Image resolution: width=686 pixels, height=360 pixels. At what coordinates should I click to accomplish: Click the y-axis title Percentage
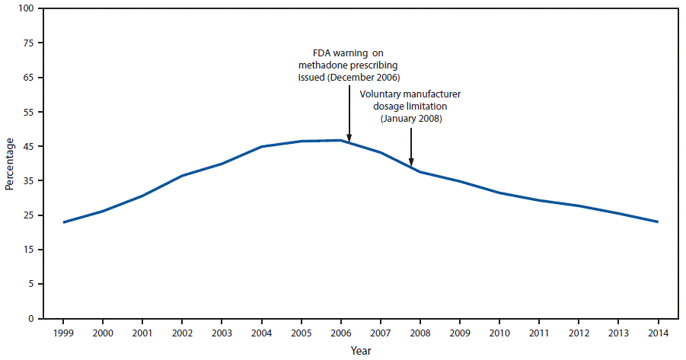9,164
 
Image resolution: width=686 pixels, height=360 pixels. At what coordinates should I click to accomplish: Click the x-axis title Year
361,351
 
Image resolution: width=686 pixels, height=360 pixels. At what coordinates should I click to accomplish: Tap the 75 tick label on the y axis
28,43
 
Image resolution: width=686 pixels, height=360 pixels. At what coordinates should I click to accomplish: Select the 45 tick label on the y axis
28,147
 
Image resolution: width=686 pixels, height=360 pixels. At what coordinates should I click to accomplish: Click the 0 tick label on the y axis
30,319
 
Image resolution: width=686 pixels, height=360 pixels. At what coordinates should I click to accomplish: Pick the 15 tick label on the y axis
28,250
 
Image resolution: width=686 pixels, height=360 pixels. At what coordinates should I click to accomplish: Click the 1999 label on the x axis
63,333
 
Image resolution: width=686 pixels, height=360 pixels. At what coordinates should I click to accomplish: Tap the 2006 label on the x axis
341,333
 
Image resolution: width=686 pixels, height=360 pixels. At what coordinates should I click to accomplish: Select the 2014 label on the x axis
658,333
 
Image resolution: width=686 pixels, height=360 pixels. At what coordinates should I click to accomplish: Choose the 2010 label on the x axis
499,333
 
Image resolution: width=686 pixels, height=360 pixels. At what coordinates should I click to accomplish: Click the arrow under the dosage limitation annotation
411,145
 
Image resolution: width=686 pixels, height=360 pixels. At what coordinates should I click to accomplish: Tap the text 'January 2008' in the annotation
411,119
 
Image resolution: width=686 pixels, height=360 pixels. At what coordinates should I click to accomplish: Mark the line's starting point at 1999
63,222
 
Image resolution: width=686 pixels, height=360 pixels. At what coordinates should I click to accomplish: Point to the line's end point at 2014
658,221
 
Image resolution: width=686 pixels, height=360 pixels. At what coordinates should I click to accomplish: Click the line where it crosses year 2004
262,146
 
